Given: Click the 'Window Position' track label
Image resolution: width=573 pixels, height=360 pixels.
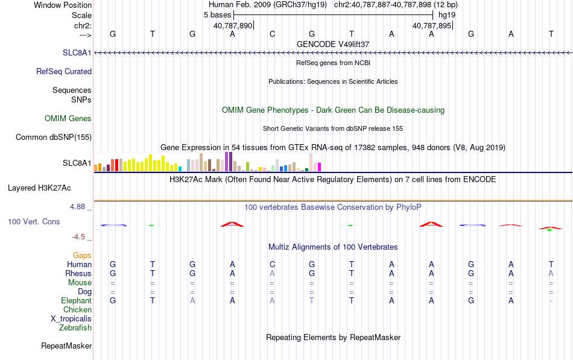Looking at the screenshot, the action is tap(63, 5).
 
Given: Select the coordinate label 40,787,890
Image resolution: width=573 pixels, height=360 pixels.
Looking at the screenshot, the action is tap(233, 25).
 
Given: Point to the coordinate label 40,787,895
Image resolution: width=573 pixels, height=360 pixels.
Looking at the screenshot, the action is tap(432, 25).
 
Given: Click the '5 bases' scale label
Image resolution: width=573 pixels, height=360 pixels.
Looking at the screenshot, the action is tap(217, 15).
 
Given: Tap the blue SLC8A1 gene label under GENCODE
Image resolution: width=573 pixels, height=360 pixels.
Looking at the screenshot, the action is tap(77, 52).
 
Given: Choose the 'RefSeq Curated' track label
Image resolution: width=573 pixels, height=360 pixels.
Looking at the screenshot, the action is tap(64, 71).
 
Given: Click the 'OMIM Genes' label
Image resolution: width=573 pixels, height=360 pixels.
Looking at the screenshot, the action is tap(68, 118).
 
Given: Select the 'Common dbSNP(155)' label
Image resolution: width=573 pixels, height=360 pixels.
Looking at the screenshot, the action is tap(54, 137).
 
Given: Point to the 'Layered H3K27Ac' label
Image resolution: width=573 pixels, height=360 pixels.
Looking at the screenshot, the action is tap(39, 188).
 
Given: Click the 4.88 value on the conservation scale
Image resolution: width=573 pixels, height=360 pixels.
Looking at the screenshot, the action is tap(77, 206).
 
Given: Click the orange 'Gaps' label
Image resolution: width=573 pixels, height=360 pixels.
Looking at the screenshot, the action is tap(82, 255).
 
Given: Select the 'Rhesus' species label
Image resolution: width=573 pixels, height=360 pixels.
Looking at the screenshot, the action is tap(78, 273).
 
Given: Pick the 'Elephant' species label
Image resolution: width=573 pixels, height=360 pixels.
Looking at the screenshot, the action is tap(76, 300).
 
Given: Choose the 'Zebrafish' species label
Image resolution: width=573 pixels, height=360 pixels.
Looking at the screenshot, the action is tap(75, 327).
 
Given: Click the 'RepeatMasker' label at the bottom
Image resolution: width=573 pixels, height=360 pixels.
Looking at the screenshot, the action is tap(66, 346).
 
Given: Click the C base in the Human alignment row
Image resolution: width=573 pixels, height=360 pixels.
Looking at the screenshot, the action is tap(272, 264).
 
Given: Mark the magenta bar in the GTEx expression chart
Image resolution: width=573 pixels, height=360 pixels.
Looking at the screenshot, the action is tap(320, 167).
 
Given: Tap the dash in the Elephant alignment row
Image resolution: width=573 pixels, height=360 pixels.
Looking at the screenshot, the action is tap(551, 301).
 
